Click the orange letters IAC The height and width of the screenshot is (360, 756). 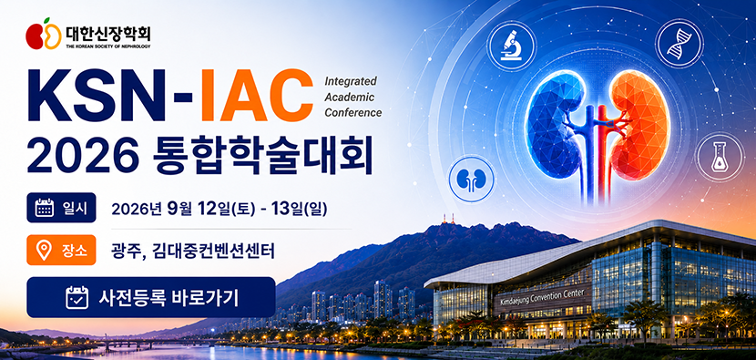coord(256,96)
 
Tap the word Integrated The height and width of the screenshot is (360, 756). coord(351,81)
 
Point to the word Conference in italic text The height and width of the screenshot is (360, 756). coord(352,113)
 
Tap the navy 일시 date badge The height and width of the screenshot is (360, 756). coord(61,208)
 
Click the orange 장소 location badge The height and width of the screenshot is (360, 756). coord(61,250)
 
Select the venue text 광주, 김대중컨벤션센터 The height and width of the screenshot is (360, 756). coord(193,251)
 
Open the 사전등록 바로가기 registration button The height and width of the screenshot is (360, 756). coord(151,297)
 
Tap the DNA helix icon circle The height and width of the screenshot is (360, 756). coord(679,44)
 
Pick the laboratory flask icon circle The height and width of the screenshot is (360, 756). coord(720,158)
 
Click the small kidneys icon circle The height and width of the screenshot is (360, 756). coord(472,178)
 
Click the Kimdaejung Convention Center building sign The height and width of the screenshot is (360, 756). coord(543,298)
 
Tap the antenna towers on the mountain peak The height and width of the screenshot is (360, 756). coord(448,218)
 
